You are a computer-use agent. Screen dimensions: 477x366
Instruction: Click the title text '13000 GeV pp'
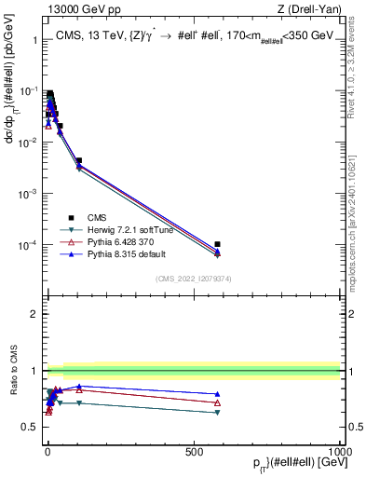tap(78, 9)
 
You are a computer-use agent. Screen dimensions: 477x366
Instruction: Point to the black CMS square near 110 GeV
tap(79, 160)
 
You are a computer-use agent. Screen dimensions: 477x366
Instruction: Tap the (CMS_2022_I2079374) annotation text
tap(192, 277)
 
